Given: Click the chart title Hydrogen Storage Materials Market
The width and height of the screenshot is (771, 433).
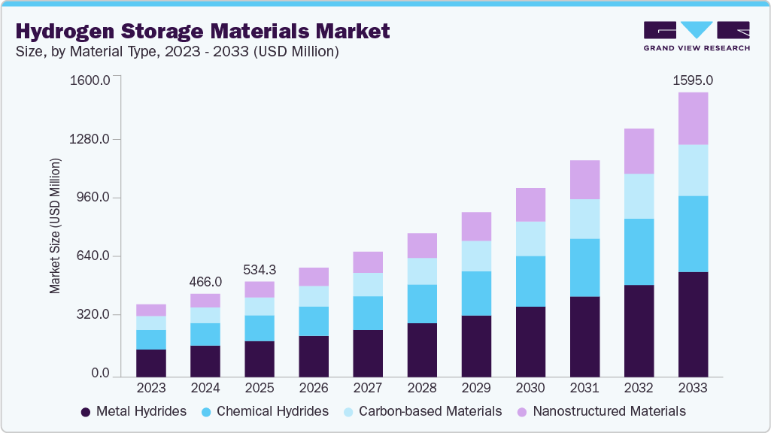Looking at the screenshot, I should click(x=202, y=31).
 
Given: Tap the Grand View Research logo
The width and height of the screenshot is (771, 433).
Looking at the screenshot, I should click(x=697, y=36).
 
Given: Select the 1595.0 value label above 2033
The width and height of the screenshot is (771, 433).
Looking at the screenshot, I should click(x=693, y=80).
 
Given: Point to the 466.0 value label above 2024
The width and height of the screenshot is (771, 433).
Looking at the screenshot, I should click(x=205, y=281).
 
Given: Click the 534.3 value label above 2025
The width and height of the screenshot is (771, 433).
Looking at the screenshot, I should click(x=260, y=269).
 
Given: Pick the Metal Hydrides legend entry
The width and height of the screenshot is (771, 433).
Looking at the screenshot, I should click(x=134, y=411).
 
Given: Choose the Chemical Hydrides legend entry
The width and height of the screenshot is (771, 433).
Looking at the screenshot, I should click(x=265, y=411).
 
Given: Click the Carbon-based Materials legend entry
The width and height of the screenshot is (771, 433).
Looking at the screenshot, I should click(x=421, y=411).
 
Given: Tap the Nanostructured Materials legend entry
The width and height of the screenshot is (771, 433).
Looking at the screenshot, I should click(x=600, y=411).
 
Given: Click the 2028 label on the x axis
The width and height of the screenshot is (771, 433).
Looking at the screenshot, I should click(x=422, y=388).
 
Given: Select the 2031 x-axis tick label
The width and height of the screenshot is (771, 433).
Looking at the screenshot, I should click(x=584, y=388).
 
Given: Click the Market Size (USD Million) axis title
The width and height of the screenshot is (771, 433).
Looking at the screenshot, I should click(x=55, y=226).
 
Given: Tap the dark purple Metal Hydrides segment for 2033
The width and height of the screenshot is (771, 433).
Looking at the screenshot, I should click(x=693, y=324).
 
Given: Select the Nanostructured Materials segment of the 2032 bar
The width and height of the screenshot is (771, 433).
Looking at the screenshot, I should click(x=639, y=151).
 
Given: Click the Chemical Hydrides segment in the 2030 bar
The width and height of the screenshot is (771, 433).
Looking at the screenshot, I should click(x=530, y=281).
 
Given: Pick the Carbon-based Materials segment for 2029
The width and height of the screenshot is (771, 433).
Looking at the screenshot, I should click(x=476, y=256).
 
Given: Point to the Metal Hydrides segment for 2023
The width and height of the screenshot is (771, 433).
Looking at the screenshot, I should click(x=151, y=362).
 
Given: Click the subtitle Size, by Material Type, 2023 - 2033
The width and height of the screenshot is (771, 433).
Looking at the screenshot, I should click(x=176, y=52).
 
